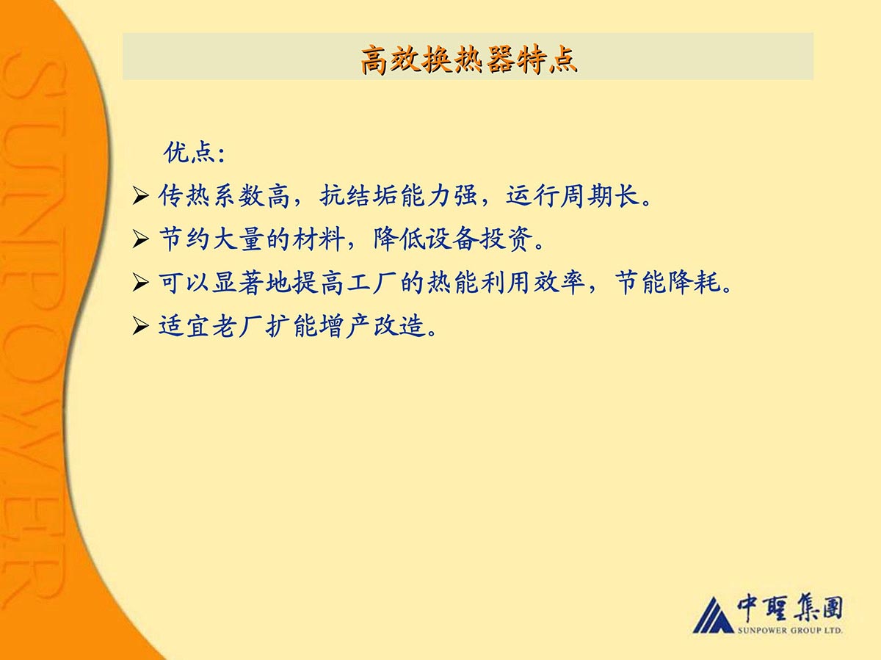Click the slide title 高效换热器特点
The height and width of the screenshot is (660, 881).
point(469,60)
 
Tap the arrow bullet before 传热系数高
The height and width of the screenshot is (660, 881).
point(140,196)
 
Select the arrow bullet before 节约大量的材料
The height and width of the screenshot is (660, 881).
point(140,239)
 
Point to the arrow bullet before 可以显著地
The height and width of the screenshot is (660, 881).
point(140,283)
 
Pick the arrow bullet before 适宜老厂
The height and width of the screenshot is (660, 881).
point(140,326)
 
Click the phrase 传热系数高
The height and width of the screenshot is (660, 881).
point(224,196)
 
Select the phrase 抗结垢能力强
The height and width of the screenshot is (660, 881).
point(399,196)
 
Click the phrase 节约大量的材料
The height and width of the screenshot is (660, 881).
point(251,239)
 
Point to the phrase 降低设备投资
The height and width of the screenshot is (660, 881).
point(453,239)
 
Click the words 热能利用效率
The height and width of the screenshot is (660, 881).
point(506,283)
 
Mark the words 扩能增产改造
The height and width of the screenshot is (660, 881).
point(346,326)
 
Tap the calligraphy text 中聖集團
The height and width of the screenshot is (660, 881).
point(790,609)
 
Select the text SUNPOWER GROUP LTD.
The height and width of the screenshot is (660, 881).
point(790,631)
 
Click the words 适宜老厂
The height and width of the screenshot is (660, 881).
point(210,326)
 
